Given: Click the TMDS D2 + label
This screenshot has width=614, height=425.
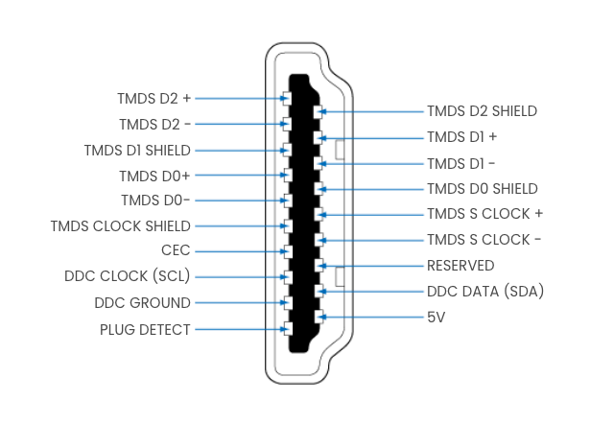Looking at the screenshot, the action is click(153, 98).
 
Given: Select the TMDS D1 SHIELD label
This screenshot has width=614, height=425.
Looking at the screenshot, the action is click(137, 151).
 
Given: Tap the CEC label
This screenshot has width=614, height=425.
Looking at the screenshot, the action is click(176, 250).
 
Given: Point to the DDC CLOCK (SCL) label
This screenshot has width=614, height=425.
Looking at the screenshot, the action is click(128, 276).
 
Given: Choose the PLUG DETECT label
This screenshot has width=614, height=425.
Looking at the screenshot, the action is click(145, 329).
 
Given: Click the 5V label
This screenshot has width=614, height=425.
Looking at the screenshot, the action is click(436, 318).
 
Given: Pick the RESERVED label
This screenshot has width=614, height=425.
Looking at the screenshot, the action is click(460, 266).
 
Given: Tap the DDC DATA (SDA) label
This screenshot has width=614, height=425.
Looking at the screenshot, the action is click(485, 292).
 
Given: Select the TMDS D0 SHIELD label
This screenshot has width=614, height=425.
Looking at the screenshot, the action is click(482, 189).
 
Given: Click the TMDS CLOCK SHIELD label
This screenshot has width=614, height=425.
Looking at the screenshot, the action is click(121, 226).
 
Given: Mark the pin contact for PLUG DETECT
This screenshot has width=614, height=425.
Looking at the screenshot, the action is click(288, 329).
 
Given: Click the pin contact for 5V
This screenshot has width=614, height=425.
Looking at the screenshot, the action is click(319, 317).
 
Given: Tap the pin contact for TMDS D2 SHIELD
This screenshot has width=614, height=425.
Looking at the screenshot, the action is click(318, 111).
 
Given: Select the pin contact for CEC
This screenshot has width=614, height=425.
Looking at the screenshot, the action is click(288, 251).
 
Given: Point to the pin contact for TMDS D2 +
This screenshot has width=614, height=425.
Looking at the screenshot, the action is click(287, 98).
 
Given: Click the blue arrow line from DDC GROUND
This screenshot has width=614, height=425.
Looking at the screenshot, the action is click(241, 303).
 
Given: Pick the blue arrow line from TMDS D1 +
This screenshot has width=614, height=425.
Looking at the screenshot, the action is click(372, 138).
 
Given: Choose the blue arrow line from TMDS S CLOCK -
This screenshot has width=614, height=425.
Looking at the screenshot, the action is click(372, 240).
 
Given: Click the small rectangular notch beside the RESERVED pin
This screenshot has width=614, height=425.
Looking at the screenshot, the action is click(340, 276).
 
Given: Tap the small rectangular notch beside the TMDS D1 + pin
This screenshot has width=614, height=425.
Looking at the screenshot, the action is click(340, 150).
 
